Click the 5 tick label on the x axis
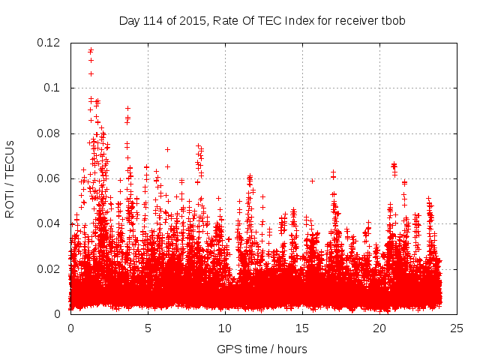(148, 328)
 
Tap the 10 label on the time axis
(224, 328)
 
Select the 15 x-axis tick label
(301, 328)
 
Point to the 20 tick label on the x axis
(379, 328)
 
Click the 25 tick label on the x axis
(456, 328)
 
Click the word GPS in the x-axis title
(228, 349)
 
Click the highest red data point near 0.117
(91, 50)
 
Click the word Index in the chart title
(294, 20)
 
